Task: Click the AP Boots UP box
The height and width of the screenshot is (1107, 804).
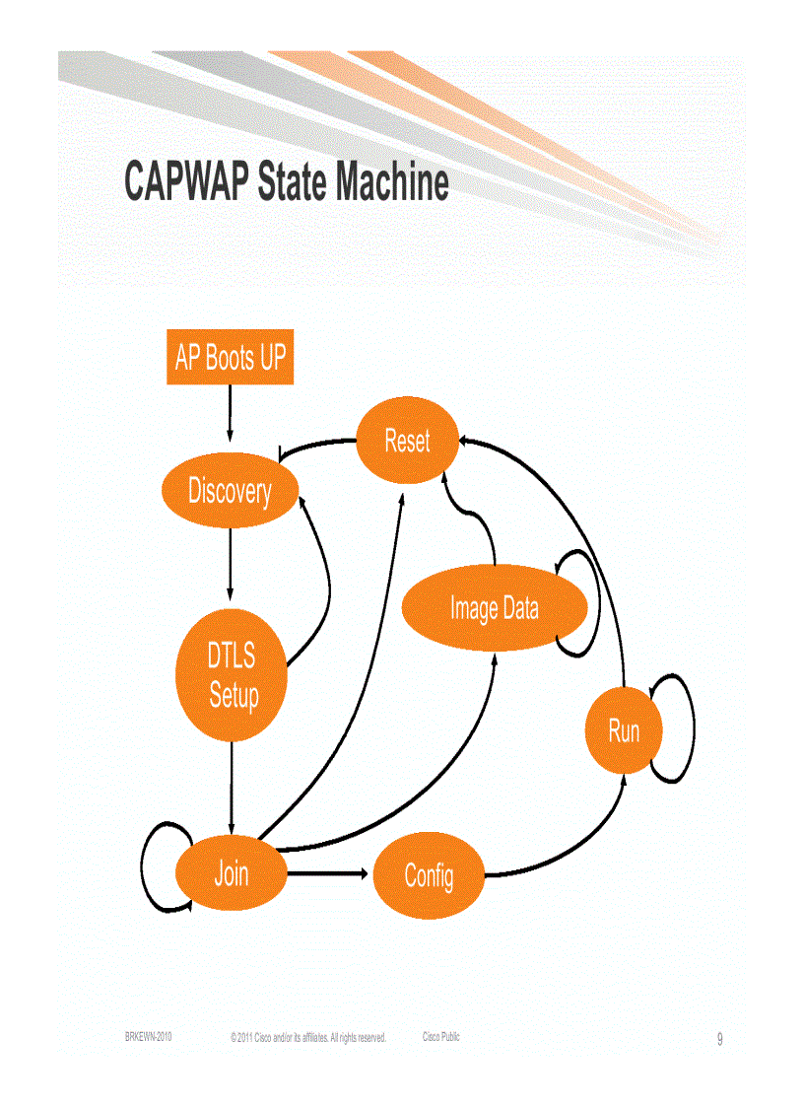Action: tap(230, 357)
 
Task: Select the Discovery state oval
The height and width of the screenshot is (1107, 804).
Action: tap(230, 490)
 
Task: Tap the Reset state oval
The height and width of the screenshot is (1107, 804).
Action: tap(407, 441)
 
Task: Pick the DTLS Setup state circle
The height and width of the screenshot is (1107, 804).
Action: tap(233, 676)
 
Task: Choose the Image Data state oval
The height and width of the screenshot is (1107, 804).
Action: tap(494, 608)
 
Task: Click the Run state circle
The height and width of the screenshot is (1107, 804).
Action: tap(624, 730)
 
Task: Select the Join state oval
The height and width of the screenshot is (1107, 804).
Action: tap(232, 873)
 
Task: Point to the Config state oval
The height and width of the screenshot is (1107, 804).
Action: tap(429, 875)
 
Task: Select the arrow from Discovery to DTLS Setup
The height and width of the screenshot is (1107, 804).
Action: tap(230, 563)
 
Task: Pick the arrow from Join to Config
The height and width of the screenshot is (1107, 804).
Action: tap(330, 873)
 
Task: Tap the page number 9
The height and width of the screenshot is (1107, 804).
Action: tap(719, 1039)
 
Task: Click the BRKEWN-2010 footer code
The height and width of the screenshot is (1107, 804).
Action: tap(149, 1037)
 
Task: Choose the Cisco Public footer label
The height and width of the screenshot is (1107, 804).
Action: tap(440, 1037)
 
